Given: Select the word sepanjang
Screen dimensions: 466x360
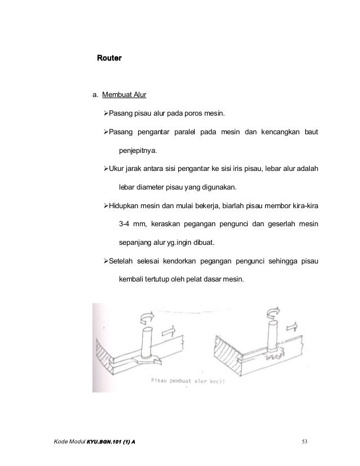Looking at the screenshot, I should coord(134,243).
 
